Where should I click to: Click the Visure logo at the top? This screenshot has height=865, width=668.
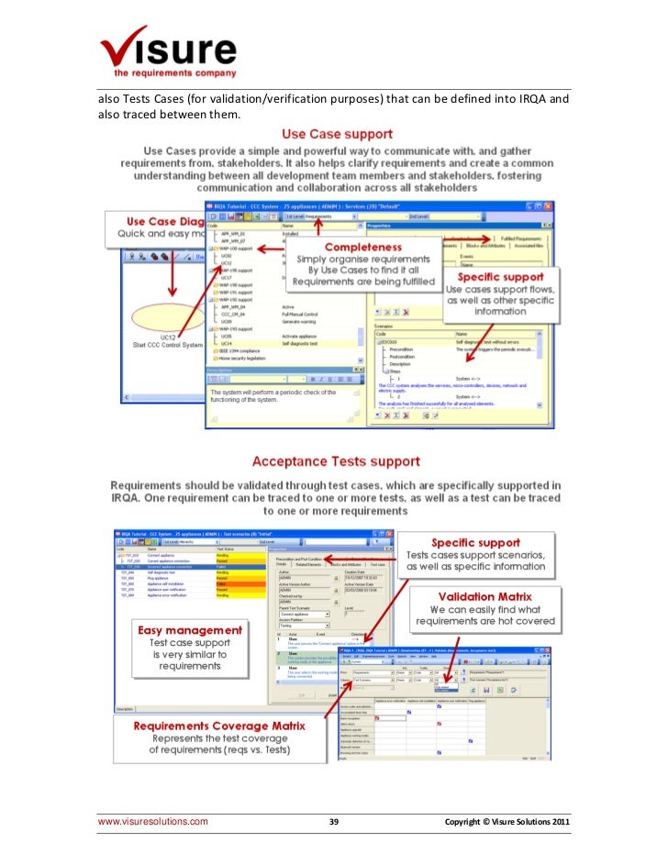pos(167,47)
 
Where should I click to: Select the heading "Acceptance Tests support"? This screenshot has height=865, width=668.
pos(336,461)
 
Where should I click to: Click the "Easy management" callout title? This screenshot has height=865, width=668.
pos(189,630)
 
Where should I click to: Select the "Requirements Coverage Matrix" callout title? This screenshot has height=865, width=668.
pos(219,726)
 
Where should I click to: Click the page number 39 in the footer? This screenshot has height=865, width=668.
pos(334,822)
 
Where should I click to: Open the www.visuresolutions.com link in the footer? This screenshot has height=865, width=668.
pos(153,822)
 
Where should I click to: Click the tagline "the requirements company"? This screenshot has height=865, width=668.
pos(174,72)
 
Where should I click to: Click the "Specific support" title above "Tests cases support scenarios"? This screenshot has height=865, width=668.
pos(476,542)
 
